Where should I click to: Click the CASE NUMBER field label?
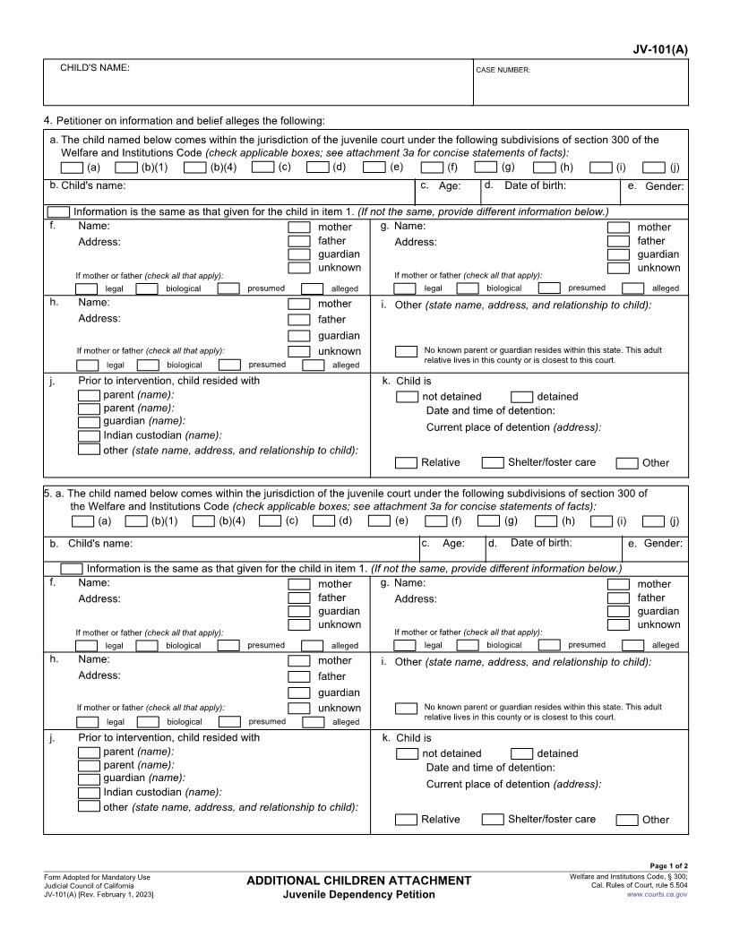pyautogui.click(x=503, y=70)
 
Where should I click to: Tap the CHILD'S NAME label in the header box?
pyautogui.click(x=94, y=68)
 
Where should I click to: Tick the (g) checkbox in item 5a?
pyautogui.click(x=488, y=520)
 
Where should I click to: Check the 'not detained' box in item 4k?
pyautogui.click(x=407, y=397)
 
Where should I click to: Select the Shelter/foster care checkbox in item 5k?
pyautogui.click(x=493, y=819)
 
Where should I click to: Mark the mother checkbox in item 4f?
pyautogui.click(x=299, y=228)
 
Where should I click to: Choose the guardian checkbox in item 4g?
pyautogui.click(x=618, y=254)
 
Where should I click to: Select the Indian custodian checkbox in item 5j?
pyautogui.click(x=89, y=792)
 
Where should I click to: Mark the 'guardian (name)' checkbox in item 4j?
pyautogui.click(x=89, y=421)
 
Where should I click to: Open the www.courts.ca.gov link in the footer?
pyautogui.click(x=657, y=894)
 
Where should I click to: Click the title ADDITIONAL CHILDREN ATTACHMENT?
pyautogui.click(x=358, y=881)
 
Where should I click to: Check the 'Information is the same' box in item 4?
pyautogui.click(x=58, y=211)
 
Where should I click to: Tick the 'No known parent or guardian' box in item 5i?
pyautogui.click(x=407, y=709)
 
